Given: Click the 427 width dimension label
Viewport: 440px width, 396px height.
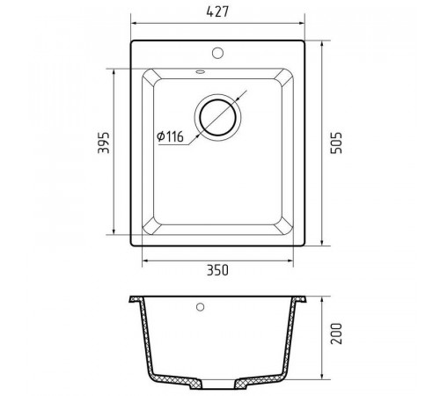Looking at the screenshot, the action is (217, 11).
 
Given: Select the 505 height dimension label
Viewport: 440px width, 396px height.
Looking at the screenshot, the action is (336, 143).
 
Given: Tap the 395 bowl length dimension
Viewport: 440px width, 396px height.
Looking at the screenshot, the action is (104, 143).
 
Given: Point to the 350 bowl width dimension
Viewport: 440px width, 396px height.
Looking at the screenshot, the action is (217, 270).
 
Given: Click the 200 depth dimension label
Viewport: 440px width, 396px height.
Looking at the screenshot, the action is (336, 334).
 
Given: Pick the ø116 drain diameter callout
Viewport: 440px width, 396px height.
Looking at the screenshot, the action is (170, 136).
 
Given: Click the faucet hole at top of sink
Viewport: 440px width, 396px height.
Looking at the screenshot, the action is (217, 53).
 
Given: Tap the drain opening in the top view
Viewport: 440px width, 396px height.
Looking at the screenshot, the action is (217, 117).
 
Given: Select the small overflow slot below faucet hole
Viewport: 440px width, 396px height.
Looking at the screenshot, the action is (201, 71).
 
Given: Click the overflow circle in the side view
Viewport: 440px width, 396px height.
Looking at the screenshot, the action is (201, 307).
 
